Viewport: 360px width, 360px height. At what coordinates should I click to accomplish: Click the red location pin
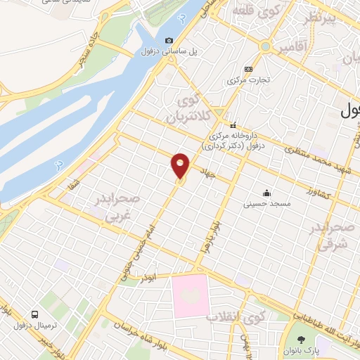[x=181, y=166]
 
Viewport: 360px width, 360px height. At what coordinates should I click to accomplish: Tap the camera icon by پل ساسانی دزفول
[x=169, y=41]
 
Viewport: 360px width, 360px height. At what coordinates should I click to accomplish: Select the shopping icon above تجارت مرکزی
[x=247, y=69]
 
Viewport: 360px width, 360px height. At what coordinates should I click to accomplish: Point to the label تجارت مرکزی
[x=247, y=79]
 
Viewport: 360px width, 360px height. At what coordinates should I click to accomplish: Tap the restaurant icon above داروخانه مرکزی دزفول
[x=233, y=124]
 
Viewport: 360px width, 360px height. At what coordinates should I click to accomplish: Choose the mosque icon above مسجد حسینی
[x=266, y=192]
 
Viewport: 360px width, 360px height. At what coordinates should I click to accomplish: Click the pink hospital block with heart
[x=190, y=295]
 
